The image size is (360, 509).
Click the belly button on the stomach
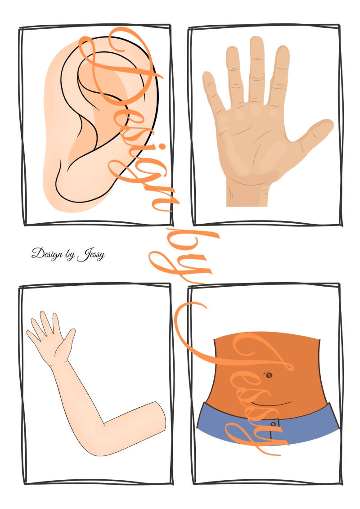click(x=269, y=375)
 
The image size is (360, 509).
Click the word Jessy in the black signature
click(x=91, y=255)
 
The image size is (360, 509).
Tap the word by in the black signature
click(x=70, y=255)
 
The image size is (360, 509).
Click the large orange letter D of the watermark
click(x=120, y=65)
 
